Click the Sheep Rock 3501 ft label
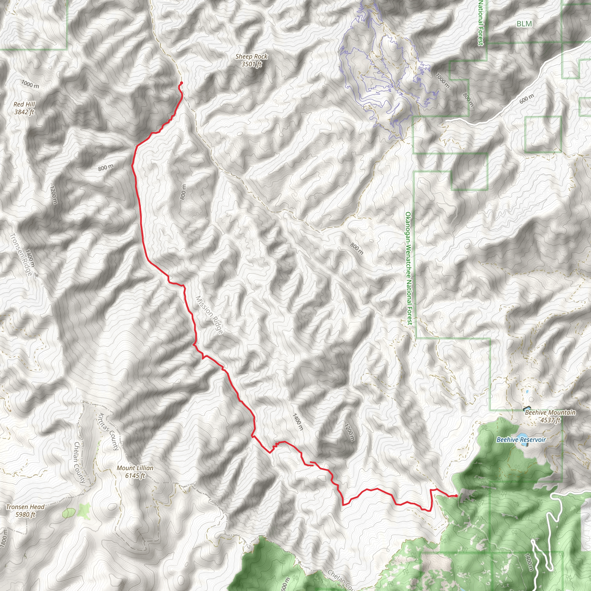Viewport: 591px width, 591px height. (251, 60)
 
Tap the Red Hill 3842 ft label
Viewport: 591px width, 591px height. (25, 108)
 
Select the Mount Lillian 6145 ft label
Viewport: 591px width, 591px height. (135, 472)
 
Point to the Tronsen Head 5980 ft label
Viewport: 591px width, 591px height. (25, 511)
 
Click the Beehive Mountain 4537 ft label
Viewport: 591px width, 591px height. (550, 416)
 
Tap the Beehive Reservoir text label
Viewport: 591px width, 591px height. (521, 440)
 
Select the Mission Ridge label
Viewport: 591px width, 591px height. (210, 315)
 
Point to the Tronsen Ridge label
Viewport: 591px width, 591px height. (21, 254)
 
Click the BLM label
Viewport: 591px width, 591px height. (524, 24)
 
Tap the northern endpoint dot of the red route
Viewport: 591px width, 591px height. (182, 83)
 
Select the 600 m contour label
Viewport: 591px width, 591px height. (526, 98)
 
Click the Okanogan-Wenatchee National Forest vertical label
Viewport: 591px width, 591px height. (408, 268)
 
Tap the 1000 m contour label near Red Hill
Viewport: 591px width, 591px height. (30, 84)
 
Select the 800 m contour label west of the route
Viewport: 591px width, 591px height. (106, 168)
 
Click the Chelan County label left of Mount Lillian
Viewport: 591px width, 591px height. (80, 462)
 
